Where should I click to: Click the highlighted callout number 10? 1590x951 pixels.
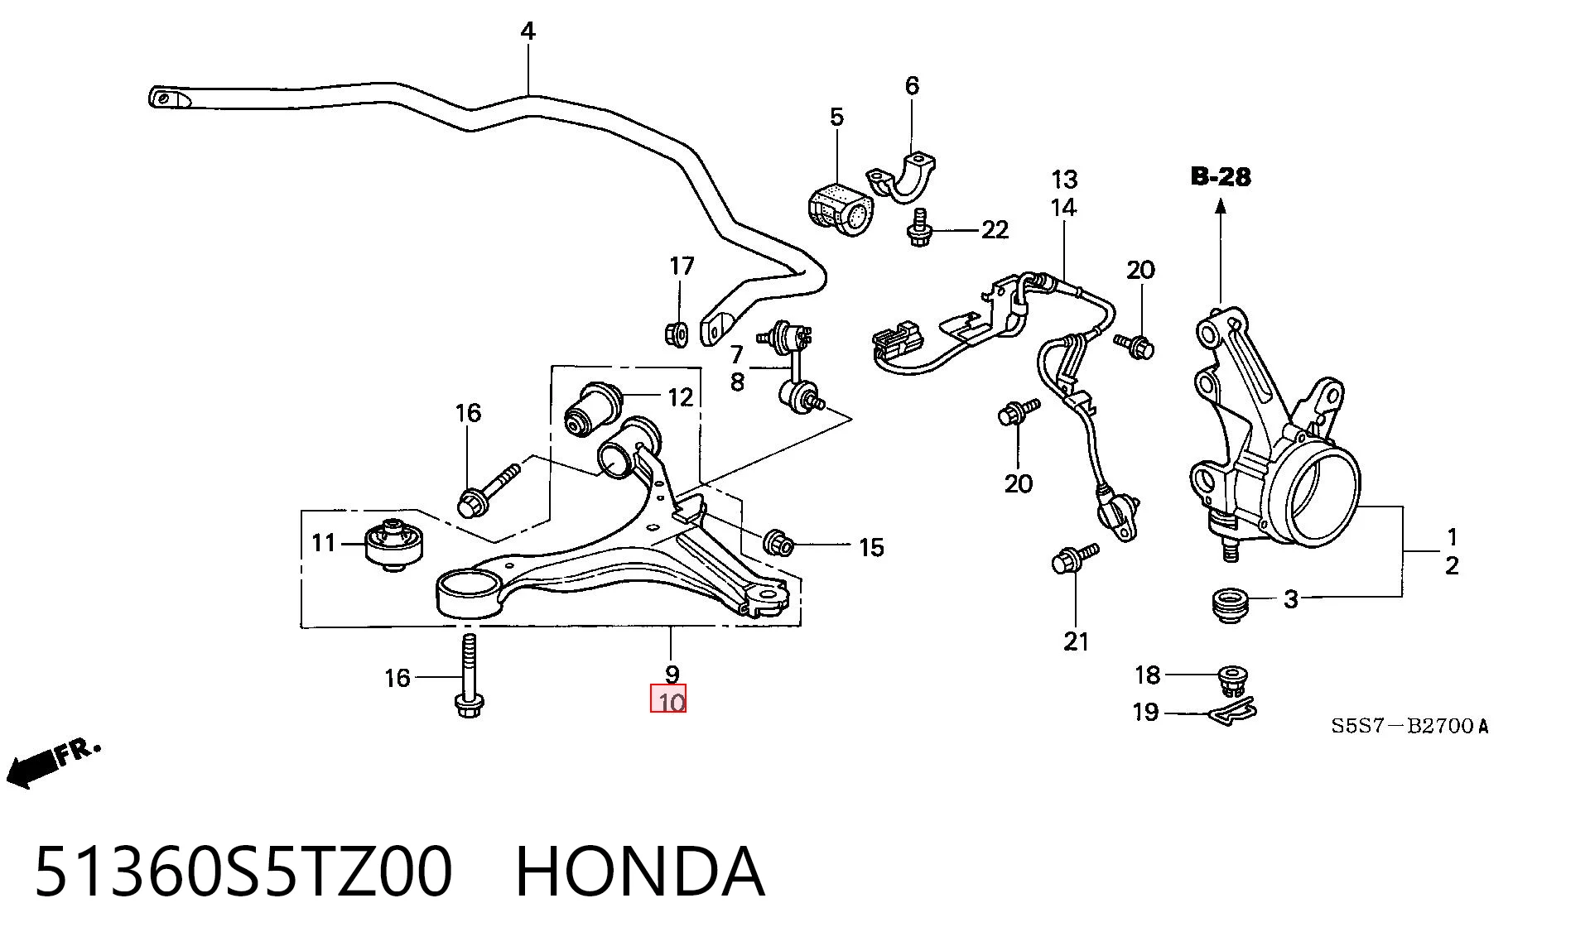tap(668, 700)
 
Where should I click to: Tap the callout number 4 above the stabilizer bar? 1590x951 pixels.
tap(528, 31)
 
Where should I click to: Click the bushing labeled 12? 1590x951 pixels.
tap(594, 410)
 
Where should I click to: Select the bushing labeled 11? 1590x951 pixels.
tap(394, 542)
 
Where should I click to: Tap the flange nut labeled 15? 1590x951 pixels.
tap(778, 543)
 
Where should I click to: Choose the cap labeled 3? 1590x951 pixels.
tap(1229, 605)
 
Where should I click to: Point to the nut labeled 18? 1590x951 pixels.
tap(1233, 680)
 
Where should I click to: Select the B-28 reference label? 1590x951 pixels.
tap(1221, 176)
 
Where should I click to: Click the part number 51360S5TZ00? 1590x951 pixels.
tap(243, 872)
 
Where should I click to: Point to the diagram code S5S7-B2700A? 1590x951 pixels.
tap(1409, 727)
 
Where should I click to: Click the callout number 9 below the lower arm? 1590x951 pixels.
tap(672, 675)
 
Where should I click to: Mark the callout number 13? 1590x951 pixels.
tap(1064, 180)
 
